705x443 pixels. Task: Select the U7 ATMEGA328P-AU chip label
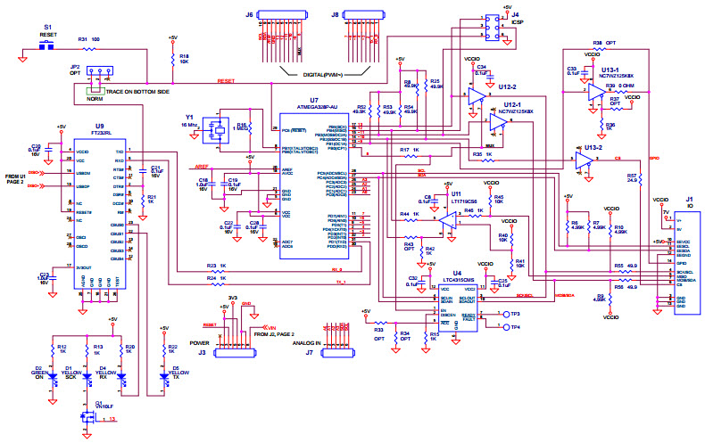(x=313, y=103)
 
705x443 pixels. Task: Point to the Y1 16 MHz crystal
(x=217, y=131)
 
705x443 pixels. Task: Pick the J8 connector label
(x=335, y=15)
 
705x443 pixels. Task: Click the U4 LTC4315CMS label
(x=457, y=276)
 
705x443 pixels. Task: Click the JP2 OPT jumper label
(x=75, y=70)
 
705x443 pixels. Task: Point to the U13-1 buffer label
(x=610, y=71)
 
